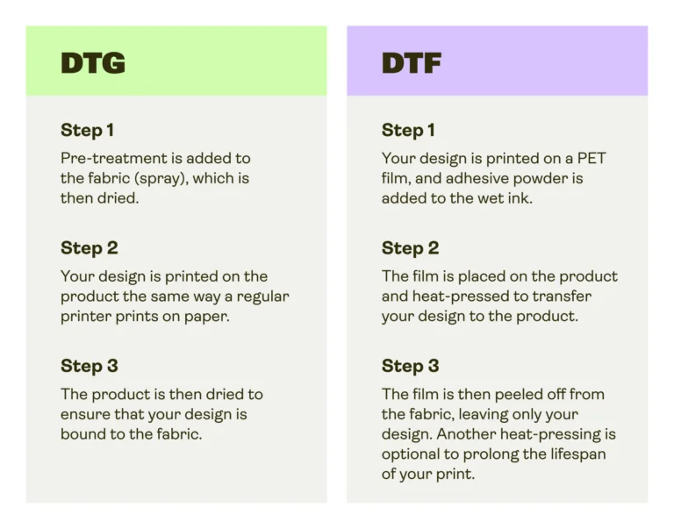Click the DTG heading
(93, 63)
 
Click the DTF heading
(412, 63)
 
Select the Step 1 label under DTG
(87, 131)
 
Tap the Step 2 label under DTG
(89, 248)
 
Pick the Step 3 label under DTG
(89, 366)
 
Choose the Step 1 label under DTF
(408, 131)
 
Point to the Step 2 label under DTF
(410, 248)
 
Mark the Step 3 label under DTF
(410, 366)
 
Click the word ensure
(85, 414)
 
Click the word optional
(414, 454)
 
